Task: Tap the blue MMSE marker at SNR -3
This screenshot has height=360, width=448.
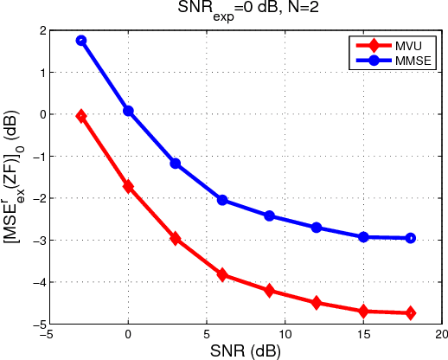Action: [x=81, y=41]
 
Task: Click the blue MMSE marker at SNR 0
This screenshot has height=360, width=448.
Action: [x=128, y=111]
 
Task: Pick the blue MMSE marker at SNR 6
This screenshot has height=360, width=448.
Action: [x=222, y=200]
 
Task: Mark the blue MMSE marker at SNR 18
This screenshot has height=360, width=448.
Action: [x=410, y=238]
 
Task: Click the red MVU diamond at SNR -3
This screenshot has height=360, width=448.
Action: [x=81, y=116]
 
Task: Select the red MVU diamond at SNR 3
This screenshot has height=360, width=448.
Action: [x=176, y=238]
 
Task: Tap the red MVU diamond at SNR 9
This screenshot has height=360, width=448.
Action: [x=269, y=291]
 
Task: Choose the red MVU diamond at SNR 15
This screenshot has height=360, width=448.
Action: [x=363, y=312]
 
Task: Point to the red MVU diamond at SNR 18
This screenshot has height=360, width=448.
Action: [x=410, y=313]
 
